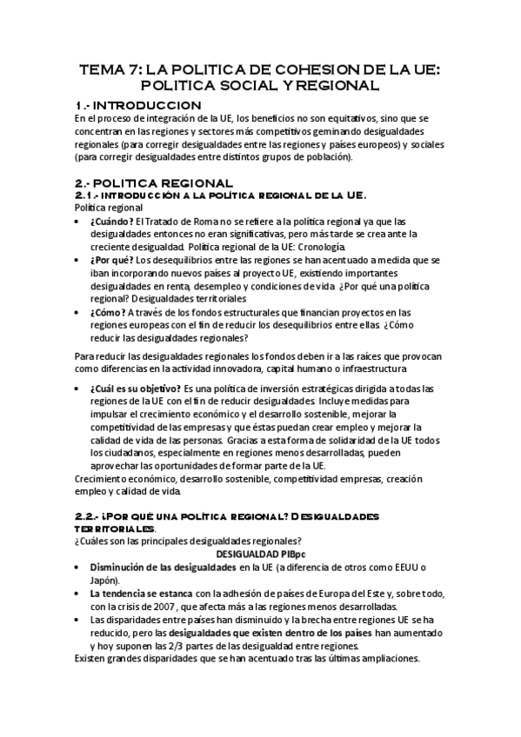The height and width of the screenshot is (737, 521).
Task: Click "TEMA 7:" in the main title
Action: (x=110, y=70)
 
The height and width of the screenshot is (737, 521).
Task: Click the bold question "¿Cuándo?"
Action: (x=111, y=222)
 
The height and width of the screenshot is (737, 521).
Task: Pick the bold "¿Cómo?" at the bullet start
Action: (x=108, y=312)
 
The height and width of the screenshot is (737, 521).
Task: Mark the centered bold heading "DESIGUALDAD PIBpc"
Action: (x=259, y=554)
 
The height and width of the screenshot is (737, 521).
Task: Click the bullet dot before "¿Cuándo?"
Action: (x=81, y=222)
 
